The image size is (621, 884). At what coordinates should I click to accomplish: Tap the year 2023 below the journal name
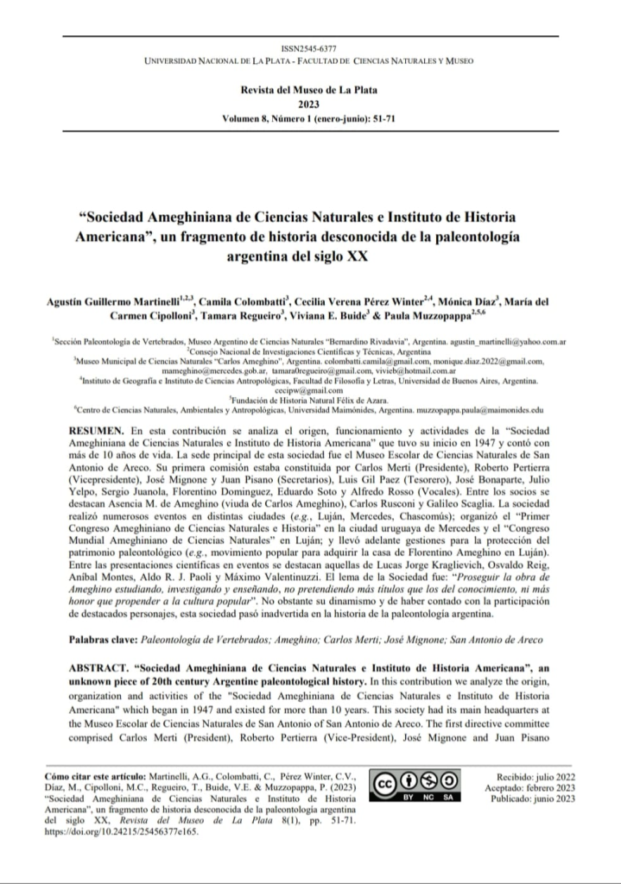tap(310, 102)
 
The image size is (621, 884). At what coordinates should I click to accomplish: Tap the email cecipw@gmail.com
tap(309, 389)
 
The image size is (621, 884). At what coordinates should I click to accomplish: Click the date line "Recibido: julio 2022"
tap(529, 777)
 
